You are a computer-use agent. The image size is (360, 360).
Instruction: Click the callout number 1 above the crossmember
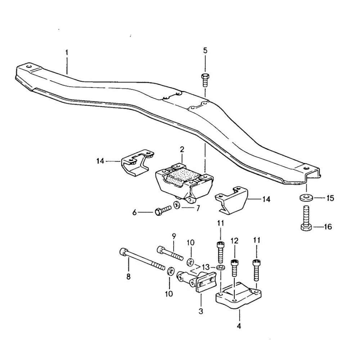click(x=67, y=53)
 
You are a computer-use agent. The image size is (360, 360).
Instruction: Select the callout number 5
click(x=205, y=50)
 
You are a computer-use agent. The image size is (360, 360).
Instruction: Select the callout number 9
click(x=174, y=237)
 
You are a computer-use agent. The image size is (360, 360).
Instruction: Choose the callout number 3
click(x=201, y=310)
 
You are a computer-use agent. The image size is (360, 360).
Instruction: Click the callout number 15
click(x=330, y=198)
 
